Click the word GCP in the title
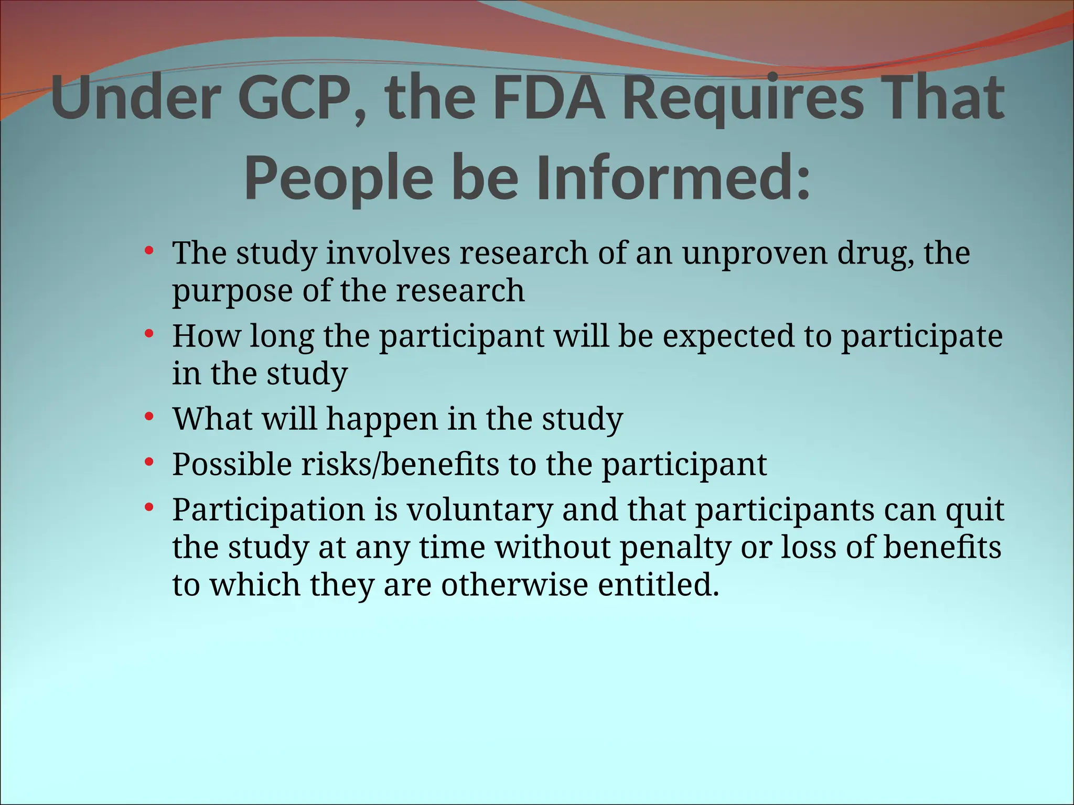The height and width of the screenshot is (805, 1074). click(x=296, y=99)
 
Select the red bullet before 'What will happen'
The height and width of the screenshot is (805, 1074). click(x=149, y=416)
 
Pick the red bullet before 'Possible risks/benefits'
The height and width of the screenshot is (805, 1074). click(x=149, y=462)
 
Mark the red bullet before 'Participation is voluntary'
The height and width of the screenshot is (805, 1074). click(x=149, y=507)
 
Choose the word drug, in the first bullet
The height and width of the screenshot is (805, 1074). click(x=875, y=253)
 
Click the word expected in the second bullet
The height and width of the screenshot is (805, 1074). click(x=728, y=336)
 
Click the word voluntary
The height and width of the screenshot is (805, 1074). click(x=479, y=510)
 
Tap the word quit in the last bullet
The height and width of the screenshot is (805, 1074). click(x=975, y=510)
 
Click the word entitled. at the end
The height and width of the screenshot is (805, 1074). click(x=659, y=585)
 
